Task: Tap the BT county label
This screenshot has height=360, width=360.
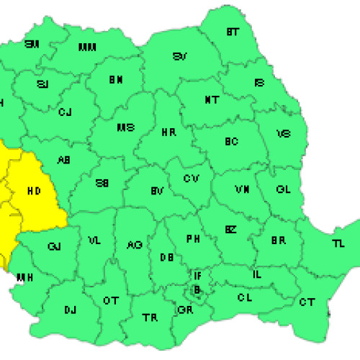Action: tap(232, 32)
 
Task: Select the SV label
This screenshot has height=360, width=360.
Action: tap(180, 57)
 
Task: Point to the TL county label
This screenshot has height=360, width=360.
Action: tap(338, 243)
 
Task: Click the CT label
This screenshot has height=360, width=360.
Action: tap(307, 301)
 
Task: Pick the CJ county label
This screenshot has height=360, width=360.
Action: tap(66, 112)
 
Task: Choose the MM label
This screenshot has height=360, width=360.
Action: tap(87, 48)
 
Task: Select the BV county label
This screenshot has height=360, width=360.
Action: tap(157, 192)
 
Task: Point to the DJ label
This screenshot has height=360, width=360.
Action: tap(70, 310)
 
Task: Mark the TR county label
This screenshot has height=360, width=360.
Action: tap(150, 317)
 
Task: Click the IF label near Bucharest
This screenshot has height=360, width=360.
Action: tap(197, 276)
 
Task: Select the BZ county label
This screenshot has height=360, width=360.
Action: tap(230, 230)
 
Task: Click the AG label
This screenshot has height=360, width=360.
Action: tap(134, 246)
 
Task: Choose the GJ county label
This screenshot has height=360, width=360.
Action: tap(54, 246)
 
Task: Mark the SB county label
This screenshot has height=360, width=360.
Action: tap(104, 183)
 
